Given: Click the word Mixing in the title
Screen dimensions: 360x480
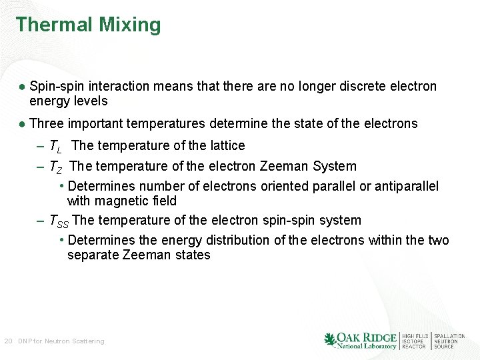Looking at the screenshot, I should pyautogui.click(x=130, y=26).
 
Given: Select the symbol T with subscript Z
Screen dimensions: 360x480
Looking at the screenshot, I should pyautogui.click(x=55, y=167).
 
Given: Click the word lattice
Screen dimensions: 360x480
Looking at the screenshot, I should pyautogui.click(x=227, y=145).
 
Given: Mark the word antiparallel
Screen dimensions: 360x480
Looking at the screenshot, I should pyautogui.click(x=407, y=186).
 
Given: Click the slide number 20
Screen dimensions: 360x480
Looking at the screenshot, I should pyautogui.click(x=8, y=341).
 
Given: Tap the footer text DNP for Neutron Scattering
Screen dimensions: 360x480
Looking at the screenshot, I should pyautogui.click(x=61, y=341).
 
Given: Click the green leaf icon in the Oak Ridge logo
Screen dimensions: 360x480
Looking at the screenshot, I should pyautogui.click(x=329, y=340).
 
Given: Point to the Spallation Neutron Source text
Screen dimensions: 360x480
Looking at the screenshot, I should pyautogui.click(x=449, y=341).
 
